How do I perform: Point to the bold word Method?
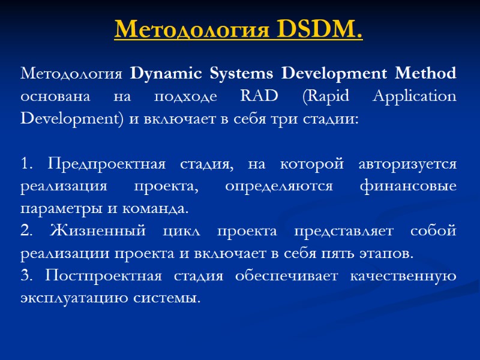click(428, 74)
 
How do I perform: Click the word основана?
click(50, 97)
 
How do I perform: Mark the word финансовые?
click(408, 186)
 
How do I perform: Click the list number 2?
click(25, 231)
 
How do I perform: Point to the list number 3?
click(25, 276)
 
